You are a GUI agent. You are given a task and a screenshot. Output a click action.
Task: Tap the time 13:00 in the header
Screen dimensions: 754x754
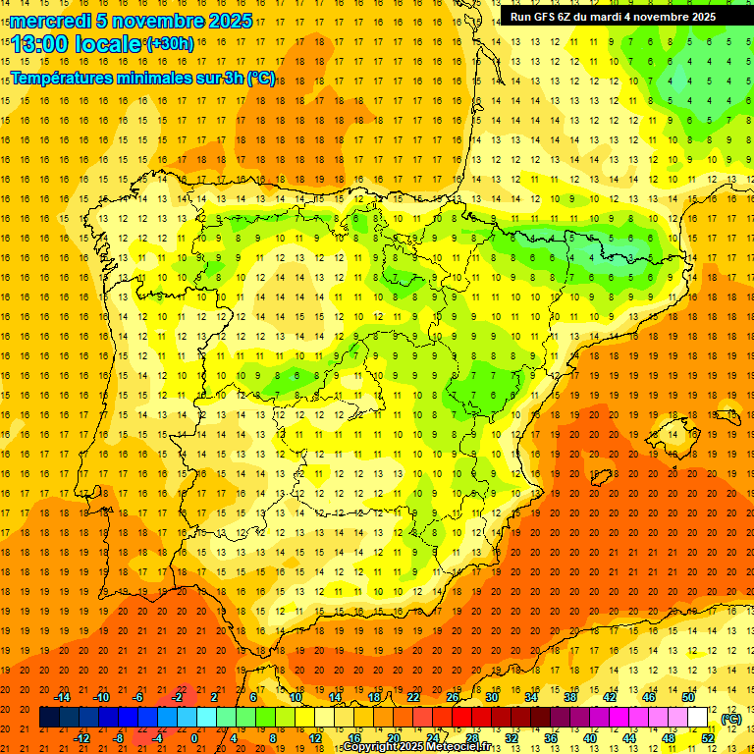[39, 44]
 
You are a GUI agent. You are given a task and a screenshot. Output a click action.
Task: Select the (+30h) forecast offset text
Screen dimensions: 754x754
[170, 44]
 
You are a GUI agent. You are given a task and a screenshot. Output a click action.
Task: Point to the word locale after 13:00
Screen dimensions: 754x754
[107, 44]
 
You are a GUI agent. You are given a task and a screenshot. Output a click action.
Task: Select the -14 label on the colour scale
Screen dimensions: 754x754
[63, 696]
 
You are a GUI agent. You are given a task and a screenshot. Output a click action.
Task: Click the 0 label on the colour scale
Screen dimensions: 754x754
[194, 738]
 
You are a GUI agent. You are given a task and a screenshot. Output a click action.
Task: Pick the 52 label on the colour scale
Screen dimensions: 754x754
[708, 738]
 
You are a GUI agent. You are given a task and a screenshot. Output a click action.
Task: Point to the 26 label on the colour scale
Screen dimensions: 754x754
[453, 696]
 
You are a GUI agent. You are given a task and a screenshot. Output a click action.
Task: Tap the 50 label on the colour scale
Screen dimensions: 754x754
[688, 696]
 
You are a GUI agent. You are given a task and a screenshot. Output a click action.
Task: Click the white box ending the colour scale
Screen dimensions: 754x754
[698, 718]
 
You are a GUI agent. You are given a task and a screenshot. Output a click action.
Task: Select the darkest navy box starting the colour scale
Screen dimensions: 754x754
[49, 718]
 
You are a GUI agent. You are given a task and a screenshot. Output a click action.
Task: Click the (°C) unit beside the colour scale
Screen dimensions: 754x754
[731, 719]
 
